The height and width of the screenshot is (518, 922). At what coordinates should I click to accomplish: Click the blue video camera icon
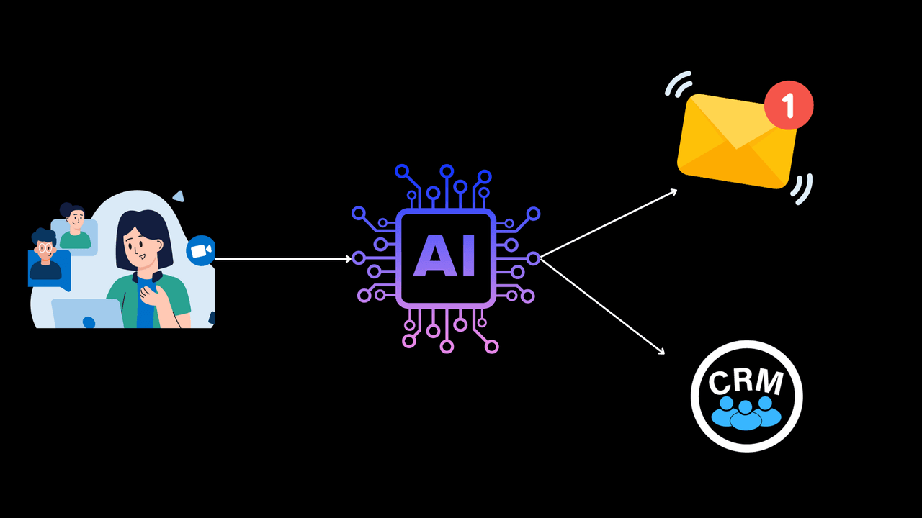tap(200, 250)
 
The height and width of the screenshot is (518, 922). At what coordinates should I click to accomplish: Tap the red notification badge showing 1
tap(789, 106)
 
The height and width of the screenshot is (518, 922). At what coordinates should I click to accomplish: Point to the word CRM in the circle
tap(746, 381)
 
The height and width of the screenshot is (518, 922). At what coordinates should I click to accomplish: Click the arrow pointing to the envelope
tap(609, 223)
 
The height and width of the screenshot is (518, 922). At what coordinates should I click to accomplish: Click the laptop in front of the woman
tap(86, 314)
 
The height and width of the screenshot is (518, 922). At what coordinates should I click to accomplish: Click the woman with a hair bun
tap(73, 226)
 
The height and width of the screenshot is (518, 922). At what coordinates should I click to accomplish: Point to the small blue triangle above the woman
tap(178, 196)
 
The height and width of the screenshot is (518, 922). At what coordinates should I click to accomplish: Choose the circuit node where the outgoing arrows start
tap(533, 258)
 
